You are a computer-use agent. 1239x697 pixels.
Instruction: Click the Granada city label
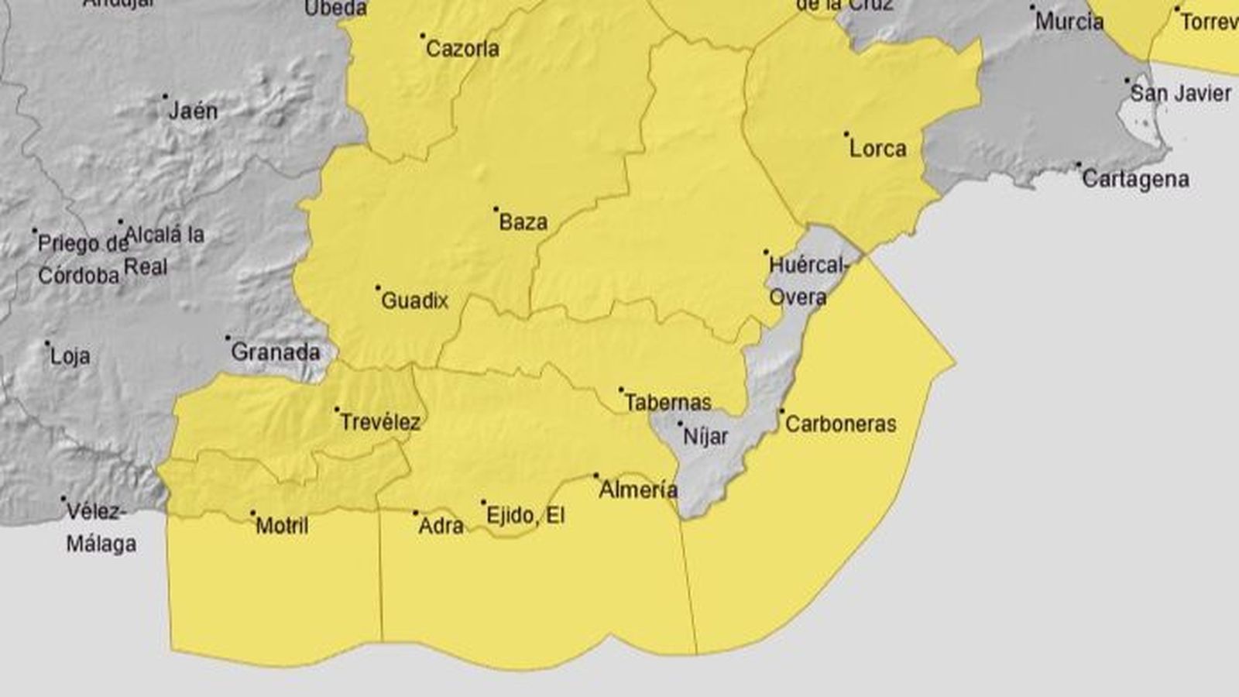coord(276,352)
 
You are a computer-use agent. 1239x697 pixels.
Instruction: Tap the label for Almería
coord(638,489)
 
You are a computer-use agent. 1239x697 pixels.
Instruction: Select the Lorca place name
coord(877,149)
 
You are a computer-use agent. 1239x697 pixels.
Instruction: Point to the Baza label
coord(523,222)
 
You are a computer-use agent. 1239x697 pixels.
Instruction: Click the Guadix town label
coord(415,300)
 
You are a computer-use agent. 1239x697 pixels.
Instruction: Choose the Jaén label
coord(194,112)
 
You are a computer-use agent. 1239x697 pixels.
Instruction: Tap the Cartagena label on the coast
coord(1135,180)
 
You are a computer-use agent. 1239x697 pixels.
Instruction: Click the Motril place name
coord(282,527)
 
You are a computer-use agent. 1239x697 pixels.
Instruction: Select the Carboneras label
coord(840,424)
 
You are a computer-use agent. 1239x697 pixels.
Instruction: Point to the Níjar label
coord(705,438)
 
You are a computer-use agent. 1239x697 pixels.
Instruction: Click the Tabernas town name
coord(668,403)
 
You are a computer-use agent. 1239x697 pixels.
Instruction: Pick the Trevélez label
coord(381,423)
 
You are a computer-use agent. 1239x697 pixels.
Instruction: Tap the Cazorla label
coord(462,50)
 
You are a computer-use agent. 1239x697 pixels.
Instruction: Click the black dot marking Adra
coord(415,513)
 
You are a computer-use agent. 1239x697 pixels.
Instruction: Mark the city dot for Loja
coord(47,343)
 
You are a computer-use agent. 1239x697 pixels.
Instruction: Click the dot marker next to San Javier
coord(1127,80)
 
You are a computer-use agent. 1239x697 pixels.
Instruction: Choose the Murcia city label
coord(1069,22)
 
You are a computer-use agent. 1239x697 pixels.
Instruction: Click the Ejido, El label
coord(525,516)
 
